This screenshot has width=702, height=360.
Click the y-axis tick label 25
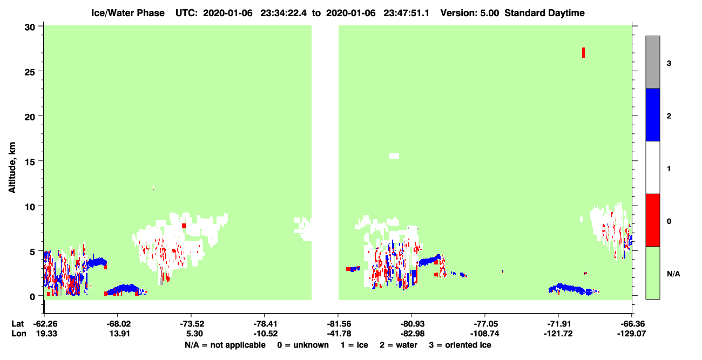(x=30, y=72)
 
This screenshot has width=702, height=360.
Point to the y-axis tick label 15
(x=30, y=162)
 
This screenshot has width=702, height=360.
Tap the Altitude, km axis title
(x=12, y=167)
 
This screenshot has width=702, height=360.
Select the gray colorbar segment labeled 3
(x=652, y=62)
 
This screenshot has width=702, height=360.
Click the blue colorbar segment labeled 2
(x=652, y=114)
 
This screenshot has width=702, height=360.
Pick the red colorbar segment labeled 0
(x=652, y=220)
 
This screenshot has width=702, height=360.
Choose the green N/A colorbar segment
(x=652, y=273)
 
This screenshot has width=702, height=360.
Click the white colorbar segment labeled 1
(x=652, y=167)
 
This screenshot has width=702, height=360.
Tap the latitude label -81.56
(x=339, y=324)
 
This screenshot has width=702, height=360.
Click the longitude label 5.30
(x=194, y=334)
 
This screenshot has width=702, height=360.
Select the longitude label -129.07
(x=631, y=334)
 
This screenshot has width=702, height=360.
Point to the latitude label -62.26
(x=45, y=324)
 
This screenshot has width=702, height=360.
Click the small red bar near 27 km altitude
(x=583, y=53)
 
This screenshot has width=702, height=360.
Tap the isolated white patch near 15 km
(x=394, y=156)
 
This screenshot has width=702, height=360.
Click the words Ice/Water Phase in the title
(x=128, y=13)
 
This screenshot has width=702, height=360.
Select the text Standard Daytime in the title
(x=544, y=13)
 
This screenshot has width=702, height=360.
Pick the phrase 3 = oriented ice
(x=460, y=345)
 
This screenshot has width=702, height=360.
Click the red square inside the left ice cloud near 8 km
(x=184, y=226)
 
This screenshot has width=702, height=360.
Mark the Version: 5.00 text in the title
(x=469, y=13)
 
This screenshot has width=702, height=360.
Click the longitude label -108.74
(x=485, y=334)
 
